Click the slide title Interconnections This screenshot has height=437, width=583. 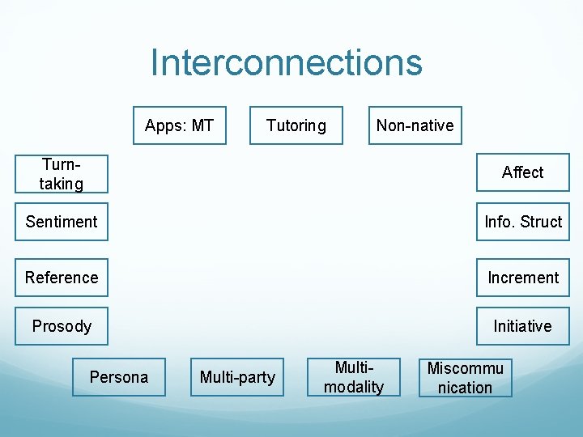click(286, 63)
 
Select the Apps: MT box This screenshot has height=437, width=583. click(179, 125)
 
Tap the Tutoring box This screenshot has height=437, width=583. click(296, 125)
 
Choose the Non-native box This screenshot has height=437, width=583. click(415, 125)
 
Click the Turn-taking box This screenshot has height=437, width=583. click(62, 173)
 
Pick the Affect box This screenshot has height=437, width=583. click(522, 172)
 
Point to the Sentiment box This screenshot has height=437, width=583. click(62, 222)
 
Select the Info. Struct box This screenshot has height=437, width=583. click(522, 222)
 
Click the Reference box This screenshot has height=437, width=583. click(62, 278)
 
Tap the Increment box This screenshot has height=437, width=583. click(522, 278)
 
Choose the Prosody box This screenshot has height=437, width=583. click(62, 326)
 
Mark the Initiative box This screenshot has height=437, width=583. click(522, 326)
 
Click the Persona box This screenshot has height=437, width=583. click(119, 377)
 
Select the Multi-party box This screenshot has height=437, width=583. click(237, 377)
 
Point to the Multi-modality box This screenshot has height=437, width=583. click(354, 377)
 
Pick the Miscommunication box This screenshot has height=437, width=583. click(466, 377)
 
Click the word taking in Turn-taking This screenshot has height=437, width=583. click(62, 184)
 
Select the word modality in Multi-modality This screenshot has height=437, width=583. click(354, 387)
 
